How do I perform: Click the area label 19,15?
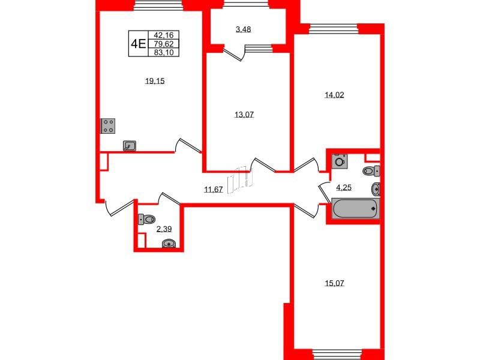pyautogui.click(x=155, y=82)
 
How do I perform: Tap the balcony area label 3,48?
pyautogui.click(x=242, y=29)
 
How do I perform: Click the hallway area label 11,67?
pyautogui.click(x=213, y=190)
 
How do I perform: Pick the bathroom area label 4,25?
pyautogui.click(x=344, y=187)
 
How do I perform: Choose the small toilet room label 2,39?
pyautogui.click(x=163, y=229)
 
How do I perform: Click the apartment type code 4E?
pyautogui.click(x=139, y=43)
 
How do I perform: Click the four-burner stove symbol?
pyautogui.click(x=108, y=125)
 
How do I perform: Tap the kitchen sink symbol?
pyautogui.click(x=130, y=145)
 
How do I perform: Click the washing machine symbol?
pyautogui.click(x=340, y=161)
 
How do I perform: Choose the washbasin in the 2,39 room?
pyautogui.click(x=170, y=244)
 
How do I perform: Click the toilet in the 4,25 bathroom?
pyautogui.click(x=369, y=171)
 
